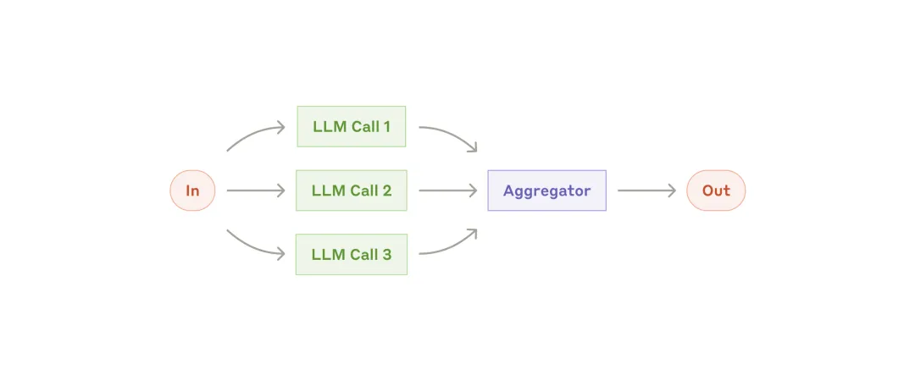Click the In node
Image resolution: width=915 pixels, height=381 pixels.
(x=192, y=190)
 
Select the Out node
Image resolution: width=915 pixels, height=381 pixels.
(x=716, y=190)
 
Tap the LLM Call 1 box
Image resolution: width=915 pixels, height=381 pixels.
(x=352, y=127)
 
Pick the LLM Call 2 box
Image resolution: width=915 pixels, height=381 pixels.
(x=352, y=190)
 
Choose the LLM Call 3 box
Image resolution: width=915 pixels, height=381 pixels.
(x=352, y=254)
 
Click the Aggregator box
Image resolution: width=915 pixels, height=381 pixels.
(x=546, y=190)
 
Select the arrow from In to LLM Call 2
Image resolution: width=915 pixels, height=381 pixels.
(x=256, y=190)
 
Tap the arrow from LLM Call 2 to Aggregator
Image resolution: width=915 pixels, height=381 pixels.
(x=448, y=190)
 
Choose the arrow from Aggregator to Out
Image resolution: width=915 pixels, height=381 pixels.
(x=646, y=190)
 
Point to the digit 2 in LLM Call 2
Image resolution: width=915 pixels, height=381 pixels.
(x=386, y=190)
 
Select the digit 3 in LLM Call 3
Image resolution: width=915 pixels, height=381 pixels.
(x=386, y=254)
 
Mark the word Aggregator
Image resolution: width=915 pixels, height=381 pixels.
(x=546, y=191)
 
